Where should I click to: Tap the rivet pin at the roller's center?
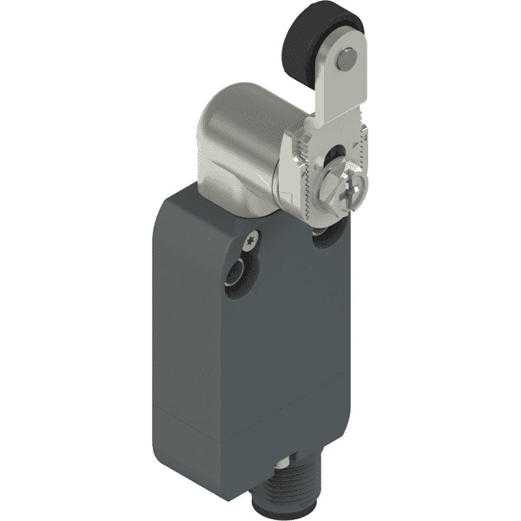(346, 59)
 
